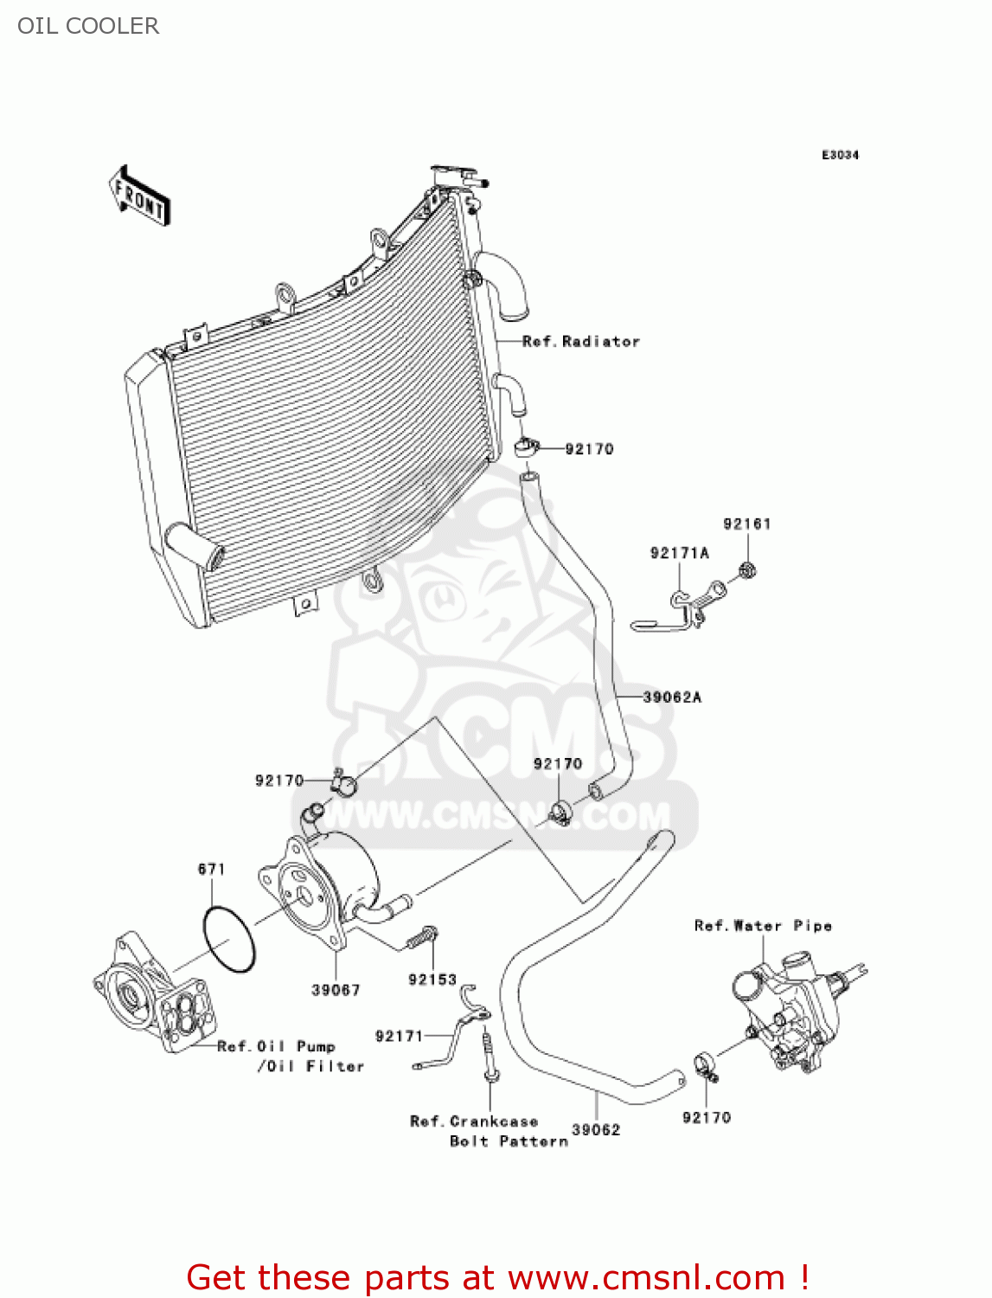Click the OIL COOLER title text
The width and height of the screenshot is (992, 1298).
click(x=88, y=26)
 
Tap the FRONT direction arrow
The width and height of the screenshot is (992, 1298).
click(x=139, y=195)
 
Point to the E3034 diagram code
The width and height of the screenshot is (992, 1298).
click(x=840, y=155)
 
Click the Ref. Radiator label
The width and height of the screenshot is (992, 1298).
click(x=581, y=341)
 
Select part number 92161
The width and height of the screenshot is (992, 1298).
click(x=746, y=524)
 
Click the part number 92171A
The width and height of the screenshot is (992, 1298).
click(x=680, y=553)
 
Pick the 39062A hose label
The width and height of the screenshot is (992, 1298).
click(x=672, y=697)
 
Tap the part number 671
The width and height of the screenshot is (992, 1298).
click(x=212, y=870)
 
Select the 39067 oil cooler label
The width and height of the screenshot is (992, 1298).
click(x=336, y=990)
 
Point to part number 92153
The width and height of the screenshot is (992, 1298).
click(x=432, y=980)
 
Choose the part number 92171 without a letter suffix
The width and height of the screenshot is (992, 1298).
click(x=399, y=1036)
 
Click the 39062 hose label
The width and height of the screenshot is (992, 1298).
click(x=596, y=1130)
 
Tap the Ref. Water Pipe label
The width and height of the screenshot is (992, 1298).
click(x=763, y=925)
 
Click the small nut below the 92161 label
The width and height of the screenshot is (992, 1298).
click(x=747, y=570)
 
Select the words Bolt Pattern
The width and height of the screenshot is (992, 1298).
click(x=509, y=1141)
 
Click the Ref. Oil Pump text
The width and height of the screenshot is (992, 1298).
click(x=276, y=1047)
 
